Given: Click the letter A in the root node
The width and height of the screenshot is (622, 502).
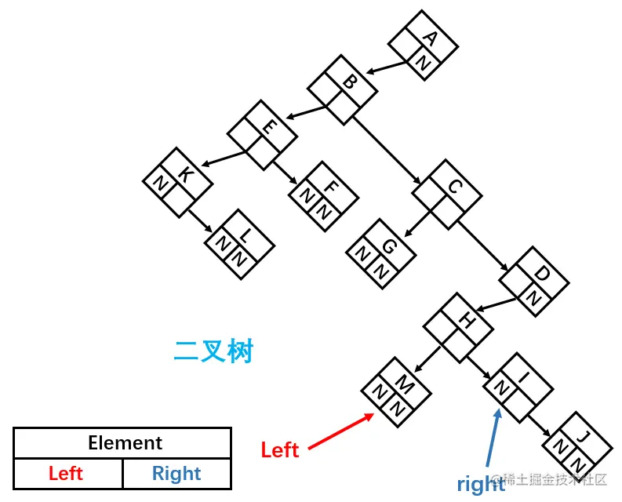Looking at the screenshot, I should click(429, 37).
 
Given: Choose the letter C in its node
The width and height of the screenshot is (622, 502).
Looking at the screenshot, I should click(453, 187).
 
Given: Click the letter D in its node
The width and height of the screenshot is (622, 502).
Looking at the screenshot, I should click(540, 275).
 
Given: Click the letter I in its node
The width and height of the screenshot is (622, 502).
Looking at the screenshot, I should click(524, 378).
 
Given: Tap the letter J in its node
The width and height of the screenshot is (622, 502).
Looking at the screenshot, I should click(580, 436).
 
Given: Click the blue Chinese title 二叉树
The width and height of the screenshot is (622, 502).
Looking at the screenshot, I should click(213, 351).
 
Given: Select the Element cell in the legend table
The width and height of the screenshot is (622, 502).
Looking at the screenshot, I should click(125, 443).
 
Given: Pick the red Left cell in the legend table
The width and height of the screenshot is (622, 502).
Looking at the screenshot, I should click(66, 474).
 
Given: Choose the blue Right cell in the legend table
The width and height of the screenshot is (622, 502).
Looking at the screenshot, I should click(176, 474).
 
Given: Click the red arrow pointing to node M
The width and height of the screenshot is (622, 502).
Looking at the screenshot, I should click(342, 431).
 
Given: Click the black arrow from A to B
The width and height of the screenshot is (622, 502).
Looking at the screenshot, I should click(388, 67).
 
